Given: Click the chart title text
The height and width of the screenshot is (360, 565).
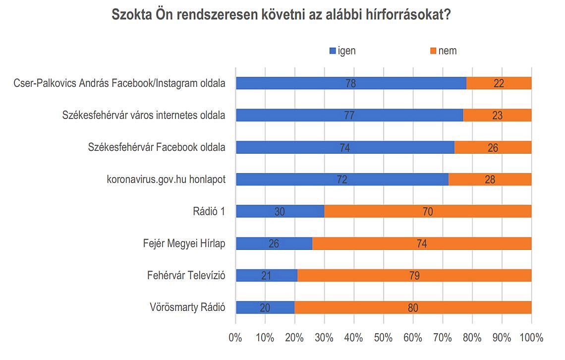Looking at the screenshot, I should click(281, 15).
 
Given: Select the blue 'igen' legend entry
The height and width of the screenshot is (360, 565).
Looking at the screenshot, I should click(342, 51).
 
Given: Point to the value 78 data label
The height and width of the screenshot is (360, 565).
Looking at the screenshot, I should click(350, 83).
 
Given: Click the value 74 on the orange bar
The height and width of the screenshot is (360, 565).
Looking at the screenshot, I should click(422, 243).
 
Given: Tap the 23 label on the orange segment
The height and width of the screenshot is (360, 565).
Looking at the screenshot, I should click(497, 116).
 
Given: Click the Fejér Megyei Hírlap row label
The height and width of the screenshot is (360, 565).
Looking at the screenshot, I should click(184, 243).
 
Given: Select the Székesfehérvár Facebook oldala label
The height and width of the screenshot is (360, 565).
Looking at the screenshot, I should click(157, 147).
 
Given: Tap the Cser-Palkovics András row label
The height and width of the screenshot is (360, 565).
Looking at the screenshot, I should click(119, 83).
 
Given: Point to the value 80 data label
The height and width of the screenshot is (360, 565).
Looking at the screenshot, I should click(413, 308).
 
